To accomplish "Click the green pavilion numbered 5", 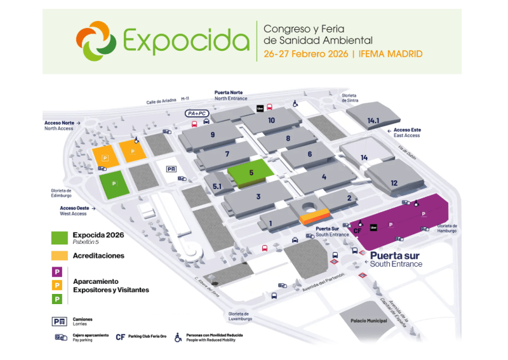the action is (x=251, y=172).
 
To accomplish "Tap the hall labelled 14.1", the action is (x=373, y=120).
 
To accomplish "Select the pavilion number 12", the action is (x=394, y=182).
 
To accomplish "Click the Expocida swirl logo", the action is (x=95, y=41).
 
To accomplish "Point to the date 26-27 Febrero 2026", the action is (x=305, y=54).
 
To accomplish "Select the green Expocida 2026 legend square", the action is (x=59, y=237).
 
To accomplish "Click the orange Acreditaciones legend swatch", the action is (x=59, y=256).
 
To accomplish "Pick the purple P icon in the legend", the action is (x=57, y=271).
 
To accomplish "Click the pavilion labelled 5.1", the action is (x=217, y=186).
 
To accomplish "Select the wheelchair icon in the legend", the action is (x=178, y=338).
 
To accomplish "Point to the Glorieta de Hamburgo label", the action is (x=447, y=229).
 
